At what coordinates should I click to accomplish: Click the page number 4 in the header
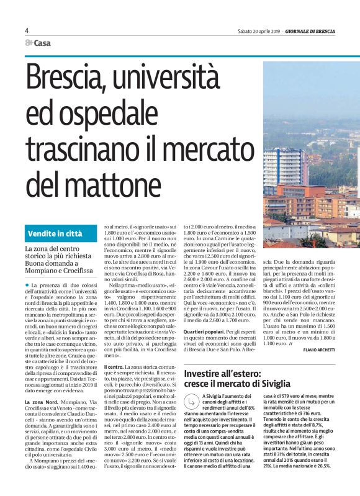pyautogui.click(x=27, y=30)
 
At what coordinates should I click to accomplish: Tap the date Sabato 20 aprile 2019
pyautogui.click(x=259, y=31)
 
